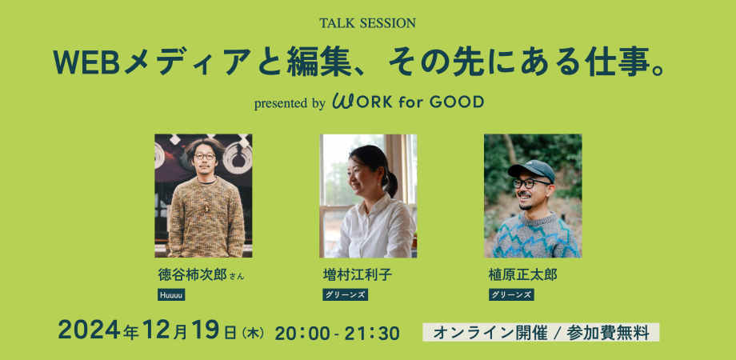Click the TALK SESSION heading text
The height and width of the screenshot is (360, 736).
367,23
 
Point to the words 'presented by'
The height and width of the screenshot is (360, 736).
289,103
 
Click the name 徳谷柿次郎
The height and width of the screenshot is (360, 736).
193,275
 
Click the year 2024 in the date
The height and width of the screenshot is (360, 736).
86,330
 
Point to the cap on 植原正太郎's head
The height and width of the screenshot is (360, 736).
531,169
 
